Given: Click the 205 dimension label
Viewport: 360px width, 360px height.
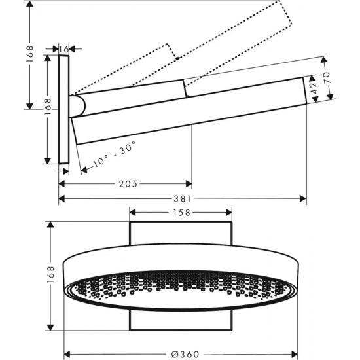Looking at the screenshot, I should (129, 185).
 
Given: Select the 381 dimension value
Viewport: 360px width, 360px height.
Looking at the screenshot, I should (183, 199).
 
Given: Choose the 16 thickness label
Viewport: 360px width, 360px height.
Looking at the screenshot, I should (63, 48).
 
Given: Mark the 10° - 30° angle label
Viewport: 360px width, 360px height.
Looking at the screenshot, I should (109, 156).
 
